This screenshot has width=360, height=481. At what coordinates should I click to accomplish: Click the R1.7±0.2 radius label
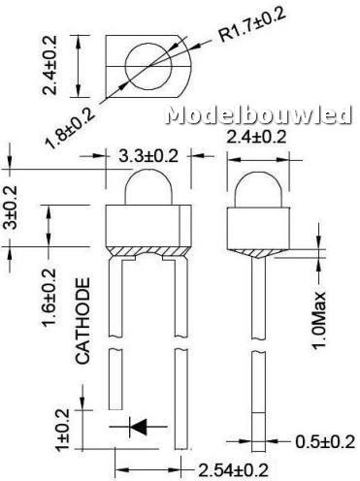pos(248,24)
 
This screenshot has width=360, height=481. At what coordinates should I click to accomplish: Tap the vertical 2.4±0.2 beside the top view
pos(49,65)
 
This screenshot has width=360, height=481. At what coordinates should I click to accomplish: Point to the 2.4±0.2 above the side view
pos(256,137)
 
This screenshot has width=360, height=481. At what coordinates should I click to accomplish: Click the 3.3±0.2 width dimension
pos(148,156)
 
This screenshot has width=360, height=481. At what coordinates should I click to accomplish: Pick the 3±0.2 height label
pos(10,208)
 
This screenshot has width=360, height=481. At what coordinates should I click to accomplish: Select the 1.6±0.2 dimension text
pos(49,298)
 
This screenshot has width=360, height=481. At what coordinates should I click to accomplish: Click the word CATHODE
pos(82,321)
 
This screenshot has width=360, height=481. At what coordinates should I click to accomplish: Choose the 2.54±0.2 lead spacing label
pos(233,470)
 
